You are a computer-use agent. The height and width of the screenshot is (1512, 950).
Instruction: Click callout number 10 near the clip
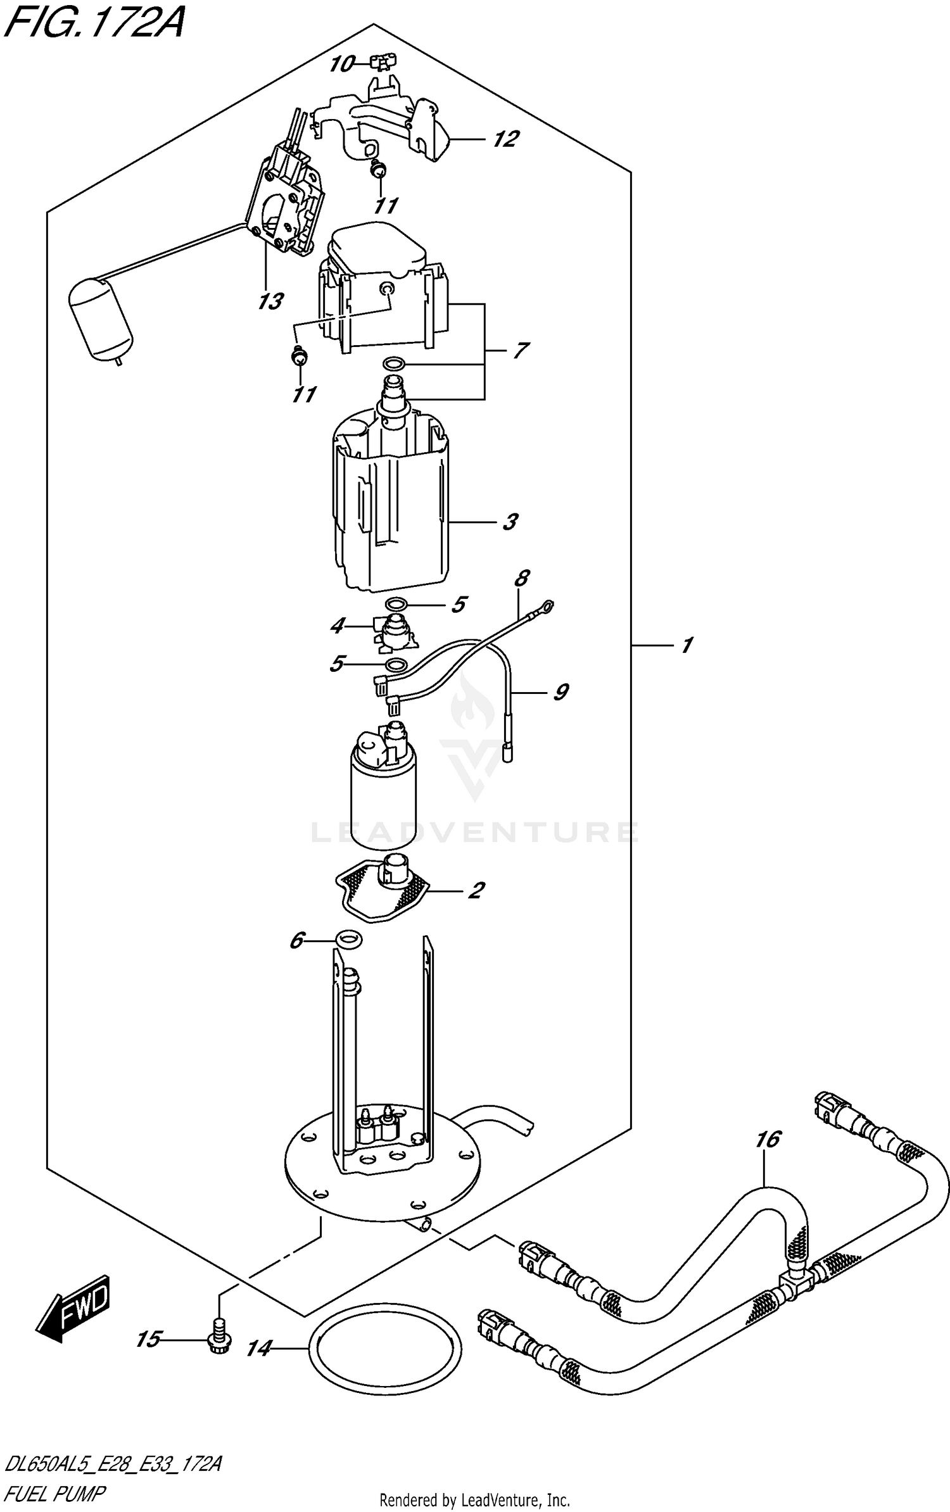pyautogui.click(x=342, y=64)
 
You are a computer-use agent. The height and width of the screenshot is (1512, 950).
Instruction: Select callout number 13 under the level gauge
pyautogui.click(x=270, y=301)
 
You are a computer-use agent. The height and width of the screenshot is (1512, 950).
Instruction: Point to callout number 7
pyautogui.click(x=520, y=350)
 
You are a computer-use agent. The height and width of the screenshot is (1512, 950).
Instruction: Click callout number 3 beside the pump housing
pyautogui.click(x=510, y=522)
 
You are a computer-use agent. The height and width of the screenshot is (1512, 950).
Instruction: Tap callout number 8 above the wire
pyautogui.click(x=522, y=578)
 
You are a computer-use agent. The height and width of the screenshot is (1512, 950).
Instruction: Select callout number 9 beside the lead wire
pyautogui.click(x=560, y=692)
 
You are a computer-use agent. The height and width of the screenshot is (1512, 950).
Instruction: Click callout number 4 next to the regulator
pyautogui.click(x=338, y=626)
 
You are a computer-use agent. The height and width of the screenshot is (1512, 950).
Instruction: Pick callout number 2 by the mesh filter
pyautogui.click(x=476, y=890)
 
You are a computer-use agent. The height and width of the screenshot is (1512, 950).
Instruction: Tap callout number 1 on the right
pyautogui.click(x=687, y=645)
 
